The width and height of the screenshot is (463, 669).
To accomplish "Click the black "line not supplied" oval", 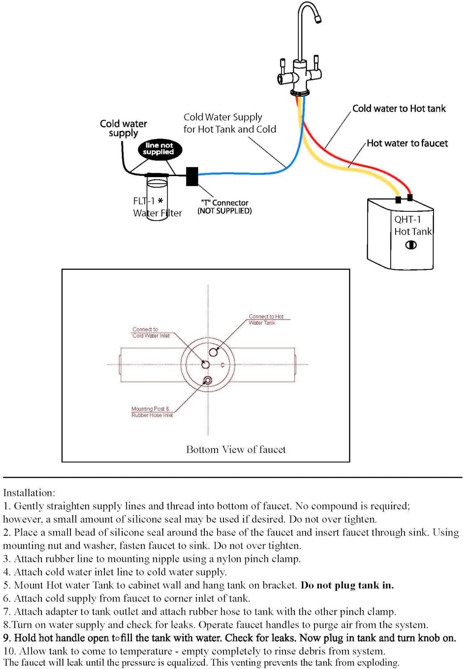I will [159, 149].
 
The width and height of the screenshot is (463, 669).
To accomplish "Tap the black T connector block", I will [192, 176].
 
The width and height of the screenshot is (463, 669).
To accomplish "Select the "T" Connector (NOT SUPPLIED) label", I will [224, 206].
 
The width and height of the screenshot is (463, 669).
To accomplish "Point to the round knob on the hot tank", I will [411, 245].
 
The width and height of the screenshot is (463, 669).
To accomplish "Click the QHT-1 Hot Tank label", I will [413, 225].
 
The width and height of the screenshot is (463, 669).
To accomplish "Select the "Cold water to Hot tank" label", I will [399, 108].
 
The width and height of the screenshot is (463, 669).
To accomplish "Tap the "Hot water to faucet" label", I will [407, 143].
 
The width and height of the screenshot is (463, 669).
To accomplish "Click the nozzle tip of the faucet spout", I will [318, 19].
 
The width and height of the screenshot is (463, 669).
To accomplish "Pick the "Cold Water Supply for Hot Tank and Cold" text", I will [230, 123].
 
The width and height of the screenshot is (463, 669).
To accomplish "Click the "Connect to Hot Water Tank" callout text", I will [266, 319].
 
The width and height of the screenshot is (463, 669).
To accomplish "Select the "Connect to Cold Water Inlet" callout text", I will [150, 332].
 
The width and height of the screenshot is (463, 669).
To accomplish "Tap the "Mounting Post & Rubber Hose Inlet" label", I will [152, 412].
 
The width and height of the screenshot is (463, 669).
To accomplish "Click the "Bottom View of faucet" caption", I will [236, 450].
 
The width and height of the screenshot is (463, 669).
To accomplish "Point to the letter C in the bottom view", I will [223, 365].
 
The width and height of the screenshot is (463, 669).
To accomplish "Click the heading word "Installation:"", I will [29, 493].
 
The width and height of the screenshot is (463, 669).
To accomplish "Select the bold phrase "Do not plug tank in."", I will [347, 585].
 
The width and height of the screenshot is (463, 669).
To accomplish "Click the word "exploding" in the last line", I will [378, 663].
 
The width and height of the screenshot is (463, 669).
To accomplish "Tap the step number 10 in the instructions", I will [9, 651].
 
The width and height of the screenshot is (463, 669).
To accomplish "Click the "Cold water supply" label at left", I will [123, 128].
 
